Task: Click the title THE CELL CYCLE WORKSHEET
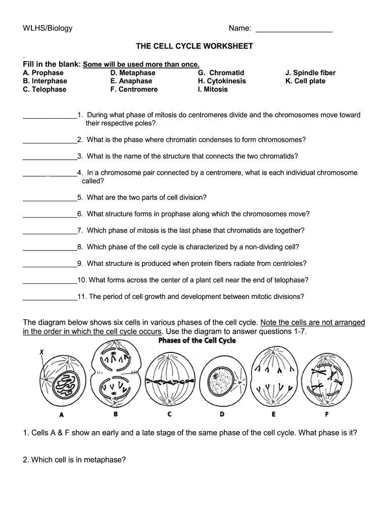[x=194, y=46]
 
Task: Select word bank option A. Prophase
[x=43, y=73]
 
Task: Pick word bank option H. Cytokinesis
[x=222, y=81]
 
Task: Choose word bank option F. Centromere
[x=134, y=89]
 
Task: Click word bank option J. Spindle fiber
[x=310, y=73]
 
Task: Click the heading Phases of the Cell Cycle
[x=197, y=340]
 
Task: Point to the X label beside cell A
[x=41, y=353]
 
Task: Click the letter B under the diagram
[x=116, y=415]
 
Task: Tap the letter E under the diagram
[x=273, y=415]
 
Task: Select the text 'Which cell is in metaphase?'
[x=74, y=460]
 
